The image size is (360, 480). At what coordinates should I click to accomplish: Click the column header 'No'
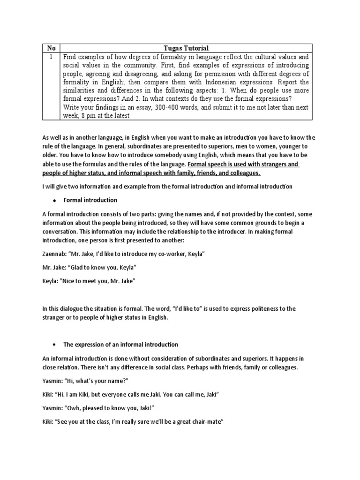pos(52,48)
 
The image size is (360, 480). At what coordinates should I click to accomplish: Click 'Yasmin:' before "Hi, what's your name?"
pos(52,381)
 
